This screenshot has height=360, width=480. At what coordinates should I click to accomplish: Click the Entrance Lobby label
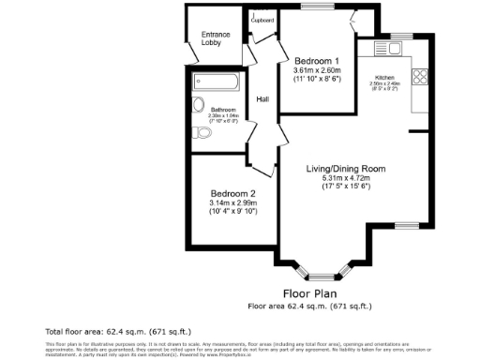tap(216, 39)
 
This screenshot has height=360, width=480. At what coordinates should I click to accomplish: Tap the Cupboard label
tap(263, 19)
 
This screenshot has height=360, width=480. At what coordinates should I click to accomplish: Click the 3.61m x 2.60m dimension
tap(316, 70)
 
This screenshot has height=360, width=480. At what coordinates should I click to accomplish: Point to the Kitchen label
tap(386, 77)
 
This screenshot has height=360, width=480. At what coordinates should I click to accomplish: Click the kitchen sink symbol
tap(384, 49)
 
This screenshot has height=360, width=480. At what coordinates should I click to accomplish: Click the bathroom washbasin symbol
tap(197, 104)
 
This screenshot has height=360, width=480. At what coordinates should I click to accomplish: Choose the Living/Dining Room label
tap(346, 170)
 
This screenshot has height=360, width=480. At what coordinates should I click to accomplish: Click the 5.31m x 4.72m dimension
tap(346, 179)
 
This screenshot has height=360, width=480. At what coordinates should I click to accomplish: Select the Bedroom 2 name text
tap(232, 193)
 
